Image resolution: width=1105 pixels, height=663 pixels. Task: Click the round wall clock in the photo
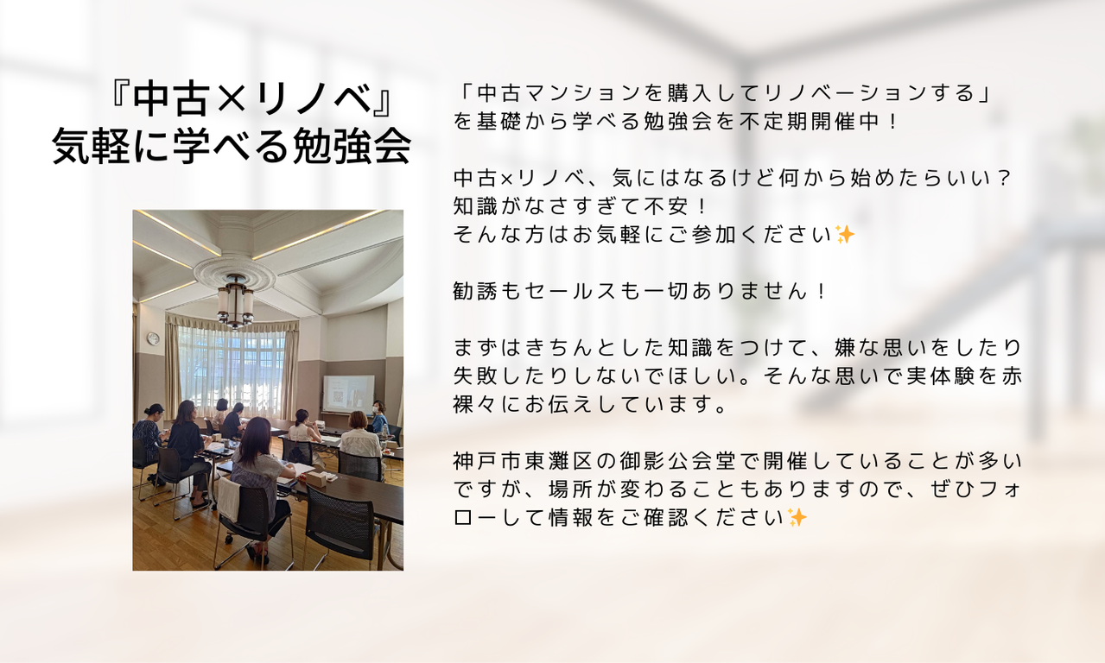point(154,338)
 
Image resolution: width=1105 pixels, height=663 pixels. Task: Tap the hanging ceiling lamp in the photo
point(236,300)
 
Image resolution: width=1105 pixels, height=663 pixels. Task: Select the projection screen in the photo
point(348,393)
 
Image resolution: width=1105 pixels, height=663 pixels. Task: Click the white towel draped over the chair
point(228,499)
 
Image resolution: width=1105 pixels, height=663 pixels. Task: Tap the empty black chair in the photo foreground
point(340,525)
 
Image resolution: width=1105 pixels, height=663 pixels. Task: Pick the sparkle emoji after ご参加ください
point(845,235)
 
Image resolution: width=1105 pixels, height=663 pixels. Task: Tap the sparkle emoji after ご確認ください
point(797,518)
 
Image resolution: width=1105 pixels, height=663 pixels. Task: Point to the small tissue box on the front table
point(314,477)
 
